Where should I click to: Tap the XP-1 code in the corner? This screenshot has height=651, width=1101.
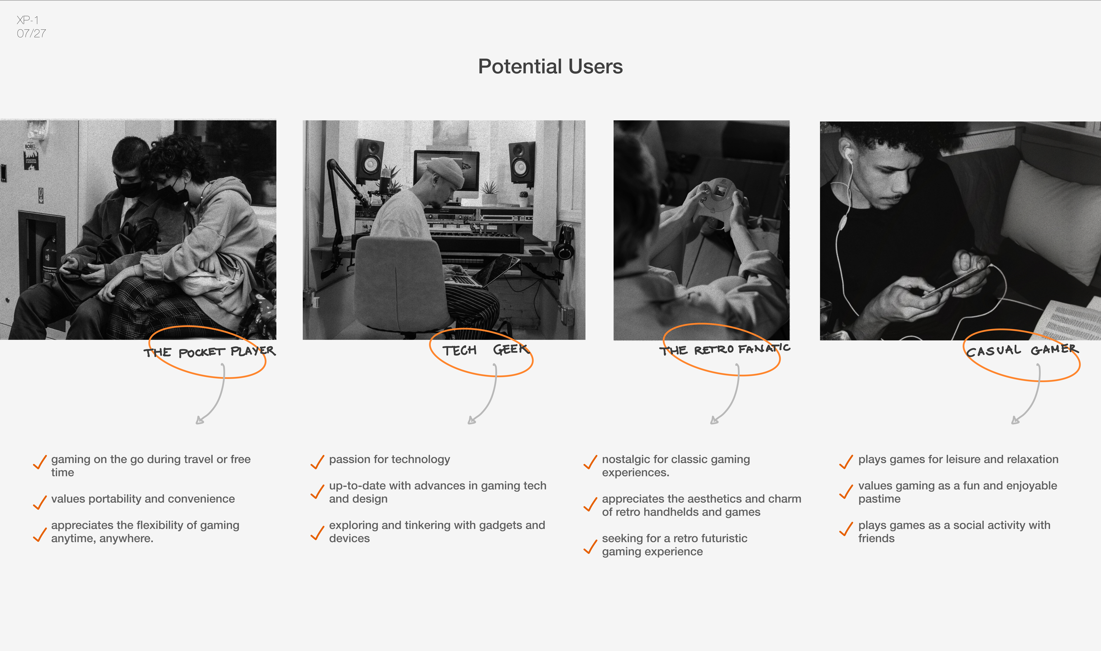28,20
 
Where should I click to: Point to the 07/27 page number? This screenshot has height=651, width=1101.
31,33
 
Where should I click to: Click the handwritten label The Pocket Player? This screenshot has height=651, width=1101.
209,351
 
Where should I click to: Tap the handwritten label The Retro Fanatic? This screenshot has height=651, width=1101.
725,349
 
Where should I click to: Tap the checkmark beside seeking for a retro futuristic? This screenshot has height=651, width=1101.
590,547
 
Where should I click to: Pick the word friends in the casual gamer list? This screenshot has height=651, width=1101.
876,538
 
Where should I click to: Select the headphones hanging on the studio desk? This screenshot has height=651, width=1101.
564,243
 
